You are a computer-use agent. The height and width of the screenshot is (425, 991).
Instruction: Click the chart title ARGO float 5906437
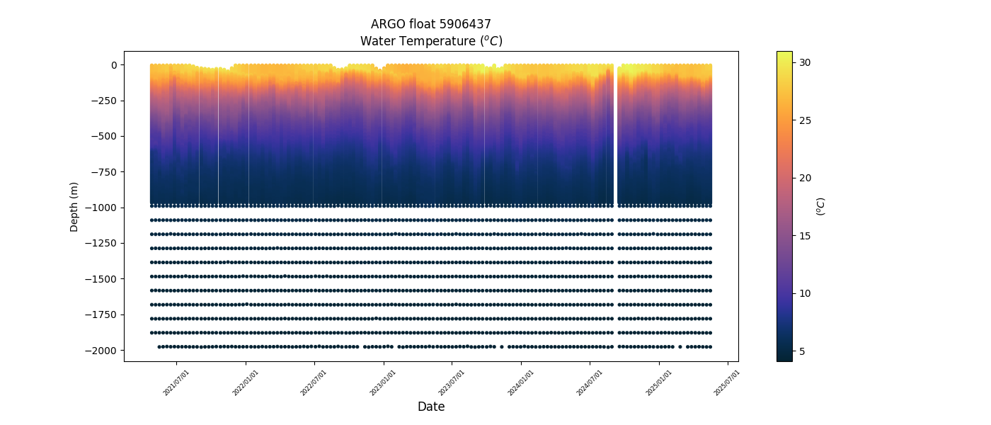tap(431, 24)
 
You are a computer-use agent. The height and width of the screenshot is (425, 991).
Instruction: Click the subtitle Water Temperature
tap(431, 41)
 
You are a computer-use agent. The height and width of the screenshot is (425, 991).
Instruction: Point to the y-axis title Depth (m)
tap(74, 206)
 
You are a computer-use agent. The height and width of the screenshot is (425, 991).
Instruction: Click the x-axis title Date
tap(431, 407)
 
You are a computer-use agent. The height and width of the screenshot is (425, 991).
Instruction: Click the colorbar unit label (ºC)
tap(821, 206)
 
